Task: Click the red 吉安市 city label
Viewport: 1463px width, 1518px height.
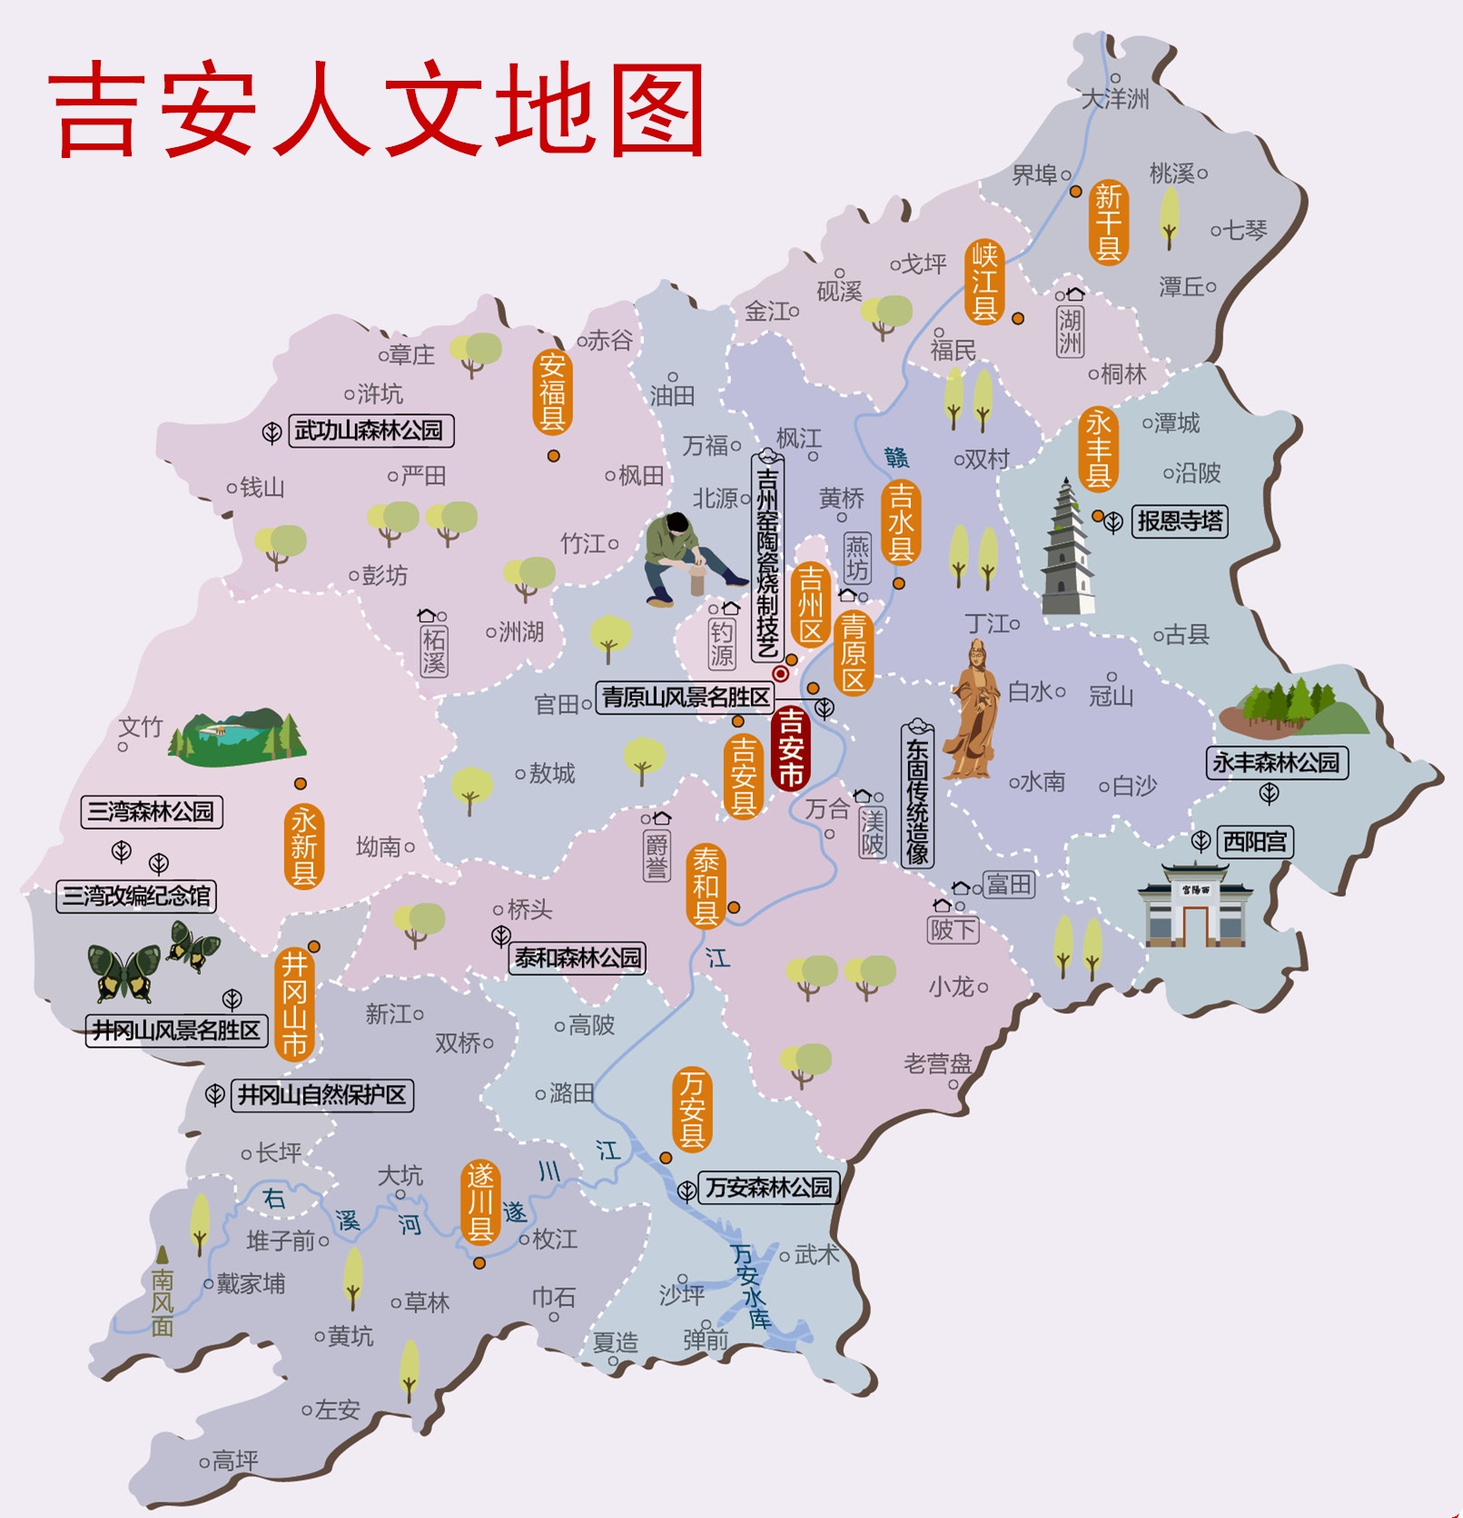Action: tap(790, 748)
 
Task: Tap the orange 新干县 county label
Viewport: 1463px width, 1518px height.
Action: tap(1108, 222)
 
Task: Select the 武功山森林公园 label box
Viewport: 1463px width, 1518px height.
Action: tap(369, 430)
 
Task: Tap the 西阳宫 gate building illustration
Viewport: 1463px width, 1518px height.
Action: tap(1194, 906)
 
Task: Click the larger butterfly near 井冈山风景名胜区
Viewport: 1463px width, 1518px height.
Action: tap(124, 972)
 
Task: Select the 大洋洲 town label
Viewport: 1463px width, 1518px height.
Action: tap(1115, 99)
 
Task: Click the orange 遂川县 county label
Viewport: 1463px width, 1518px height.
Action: tap(479, 1203)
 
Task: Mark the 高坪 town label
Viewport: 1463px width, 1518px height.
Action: tap(234, 1461)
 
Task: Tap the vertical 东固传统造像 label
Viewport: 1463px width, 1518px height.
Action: tap(917, 799)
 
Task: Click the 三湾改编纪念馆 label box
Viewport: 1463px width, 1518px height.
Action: tap(136, 896)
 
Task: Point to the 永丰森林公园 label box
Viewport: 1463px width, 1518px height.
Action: tap(1276, 763)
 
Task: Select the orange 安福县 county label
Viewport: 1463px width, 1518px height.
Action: tap(552, 392)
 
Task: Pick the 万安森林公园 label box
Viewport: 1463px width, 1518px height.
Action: tap(768, 1187)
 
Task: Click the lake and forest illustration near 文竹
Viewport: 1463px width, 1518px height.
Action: tap(239, 734)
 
